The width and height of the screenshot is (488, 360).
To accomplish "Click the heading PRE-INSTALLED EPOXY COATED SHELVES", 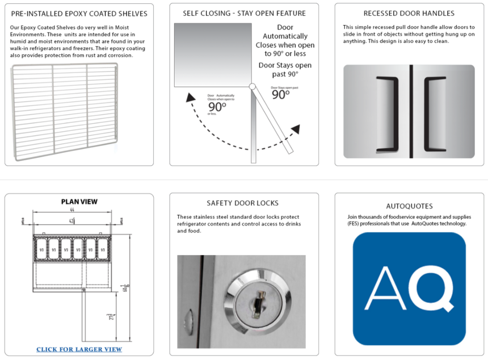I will tap(79, 14).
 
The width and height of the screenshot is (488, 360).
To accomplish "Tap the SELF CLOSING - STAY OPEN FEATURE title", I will tap(244, 14).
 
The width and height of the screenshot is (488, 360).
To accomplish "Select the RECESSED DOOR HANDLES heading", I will tap(409, 14).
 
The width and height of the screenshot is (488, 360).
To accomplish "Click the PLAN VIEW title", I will tap(79, 201).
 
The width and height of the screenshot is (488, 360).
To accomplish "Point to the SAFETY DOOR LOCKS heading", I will tap(243, 203).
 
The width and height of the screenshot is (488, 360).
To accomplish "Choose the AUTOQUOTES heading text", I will tap(409, 206).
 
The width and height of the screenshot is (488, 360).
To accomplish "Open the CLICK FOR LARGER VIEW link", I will tap(79, 349).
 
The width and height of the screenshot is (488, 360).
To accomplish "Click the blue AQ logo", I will tap(409, 288).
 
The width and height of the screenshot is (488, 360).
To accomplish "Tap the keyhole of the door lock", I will tap(253, 296).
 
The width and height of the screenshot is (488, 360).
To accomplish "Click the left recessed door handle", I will tap(387, 113).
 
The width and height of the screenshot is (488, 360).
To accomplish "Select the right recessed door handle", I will tap(435, 113).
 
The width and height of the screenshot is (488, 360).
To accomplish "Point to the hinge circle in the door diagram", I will tap(253, 87).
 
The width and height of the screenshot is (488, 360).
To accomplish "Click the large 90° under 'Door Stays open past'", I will tap(280, 95).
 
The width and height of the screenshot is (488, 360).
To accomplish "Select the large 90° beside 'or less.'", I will tap(216, 106).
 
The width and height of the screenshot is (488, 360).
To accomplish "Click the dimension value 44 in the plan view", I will tap(73, 210).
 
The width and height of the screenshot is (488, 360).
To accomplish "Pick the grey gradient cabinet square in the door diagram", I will tap(212, 54).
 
